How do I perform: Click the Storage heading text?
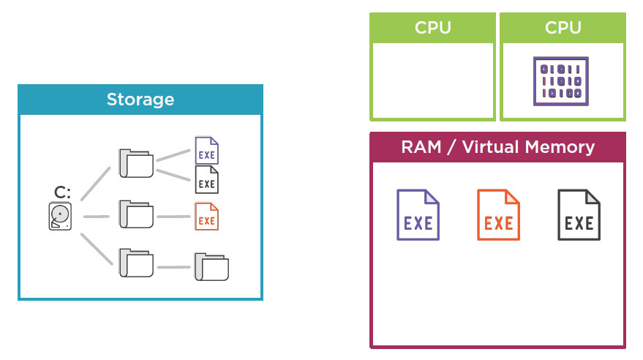pyautogui.click(x=140, y=100)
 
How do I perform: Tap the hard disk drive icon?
pyautogui.click(x=61, y=217)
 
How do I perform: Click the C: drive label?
pyautogui.click(x=62, y=193)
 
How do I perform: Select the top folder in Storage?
pyautogui.click(x=136, y=163)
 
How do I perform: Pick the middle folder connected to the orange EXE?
pyautogui.click(x=136, y=215)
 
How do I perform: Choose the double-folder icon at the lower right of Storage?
pyautogui.click(x=211, y=267)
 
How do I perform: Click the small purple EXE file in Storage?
pyautogui.click(x=207, y=151)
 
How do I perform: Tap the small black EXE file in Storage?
pyautogui.click(x=207, y=179)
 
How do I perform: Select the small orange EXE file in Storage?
pyautogui.click(x=207, y=217)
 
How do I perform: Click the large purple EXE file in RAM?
pyautogui.click(x=418, y=214)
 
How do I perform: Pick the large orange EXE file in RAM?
pyautogui.click(x=498, y=214)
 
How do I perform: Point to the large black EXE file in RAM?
pyautogui.click(x=579, y=214)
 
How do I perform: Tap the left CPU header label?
pyautogui.click(x=432, y=28)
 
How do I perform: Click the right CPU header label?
pyautogui.click(x=563, y=28)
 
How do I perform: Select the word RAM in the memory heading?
pyautogui.click(x=421, y=147)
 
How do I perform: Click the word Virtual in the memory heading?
pyautogui.click(x=493, y=147)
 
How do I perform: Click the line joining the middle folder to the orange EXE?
pyautogui.click(x=173, y=217)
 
